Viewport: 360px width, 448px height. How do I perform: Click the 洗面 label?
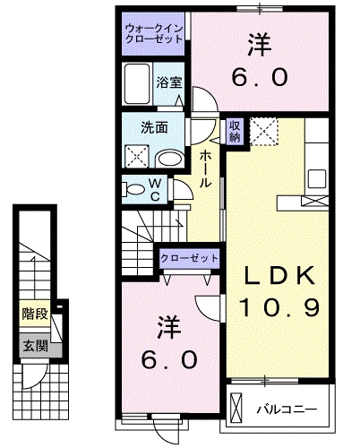154,127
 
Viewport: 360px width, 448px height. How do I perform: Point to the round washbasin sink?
168,159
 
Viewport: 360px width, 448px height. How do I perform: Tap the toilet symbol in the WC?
132,189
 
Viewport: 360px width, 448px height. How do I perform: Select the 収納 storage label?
234,131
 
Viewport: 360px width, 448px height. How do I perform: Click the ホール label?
205,168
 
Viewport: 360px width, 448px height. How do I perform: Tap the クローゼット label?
190,258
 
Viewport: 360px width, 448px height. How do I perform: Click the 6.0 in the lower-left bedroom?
167,359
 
